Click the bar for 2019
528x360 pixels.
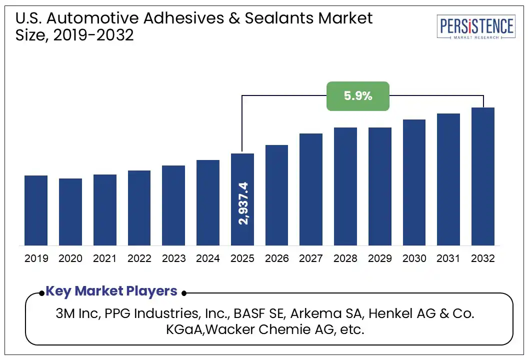pyautogui.click(x=36, y=210)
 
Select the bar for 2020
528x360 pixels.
pyautogui.click(x=70, y=212)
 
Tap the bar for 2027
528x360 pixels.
pyautogui.click(x=311, y=189)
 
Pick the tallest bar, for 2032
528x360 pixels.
pyautogui.click(x=482, y=176)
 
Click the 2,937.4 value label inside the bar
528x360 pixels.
pyautogui.click(x=243, y=203)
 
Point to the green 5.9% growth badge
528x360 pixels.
pyautogui.click(x=357, y=96)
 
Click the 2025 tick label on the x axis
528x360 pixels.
pyautogui.click(x=242, y=258)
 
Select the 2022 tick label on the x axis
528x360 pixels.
pyautogui.click(x=139, y=258)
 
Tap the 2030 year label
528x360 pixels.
pyautogui.click(x=414, y=258)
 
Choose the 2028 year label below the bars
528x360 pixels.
pyautogui.click(x=345, y=258)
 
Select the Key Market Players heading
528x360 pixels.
pyautogui.click(x=111, y=291)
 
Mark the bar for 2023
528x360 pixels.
pyautogui.click(x=173, y=205)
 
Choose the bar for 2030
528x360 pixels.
pyautogui.click(x=414, y=182)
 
